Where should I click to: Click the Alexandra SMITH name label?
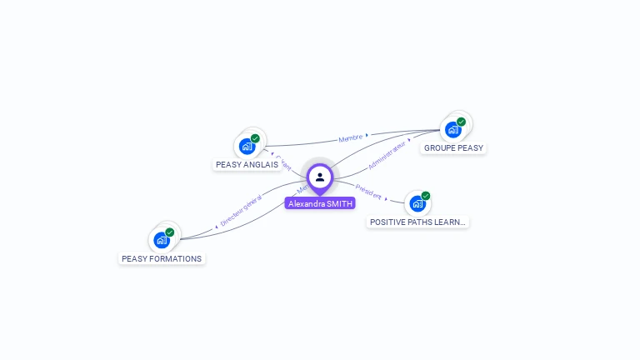pyautogui.click(x=320, y=203)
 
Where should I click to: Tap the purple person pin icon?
pyautogui.click(x=320, y=177)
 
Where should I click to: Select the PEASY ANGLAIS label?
pyautogui.click(x=247, y=165)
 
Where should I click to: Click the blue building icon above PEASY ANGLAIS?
pyautogui.click(x=247, y=147)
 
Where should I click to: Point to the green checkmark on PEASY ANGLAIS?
pyautogui.click(x=255, y=138)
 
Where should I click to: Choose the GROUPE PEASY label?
pyautogui.click(x=453, y=148)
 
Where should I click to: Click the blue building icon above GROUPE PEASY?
pyautogui.click(x=452, y=130)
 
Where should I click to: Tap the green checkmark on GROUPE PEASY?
pyautogui.click(x=461, y=122)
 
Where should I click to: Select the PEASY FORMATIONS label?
pyautogui.click(x=162, y=259)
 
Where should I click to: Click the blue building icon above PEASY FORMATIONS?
pyautogui.click(x=162, y=240)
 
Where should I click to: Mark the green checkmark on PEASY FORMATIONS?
pyautogui.click(x=170, y=232)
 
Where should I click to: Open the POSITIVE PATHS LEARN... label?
pyautogui.click(x=418, y=222)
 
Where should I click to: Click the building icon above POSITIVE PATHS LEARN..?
pyautogui.click(x=417, y=203)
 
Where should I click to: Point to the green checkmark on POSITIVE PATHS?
pyautogui.click(x=426, y=196)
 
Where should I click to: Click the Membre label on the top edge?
pyautogui.click(x=351, y=138)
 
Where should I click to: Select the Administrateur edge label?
pyautogui.click(x=387, y=155)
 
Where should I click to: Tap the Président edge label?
pyautogui.click(x=368, y=192)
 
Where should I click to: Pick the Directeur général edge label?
pyautogui.click(x=241, y=211)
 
